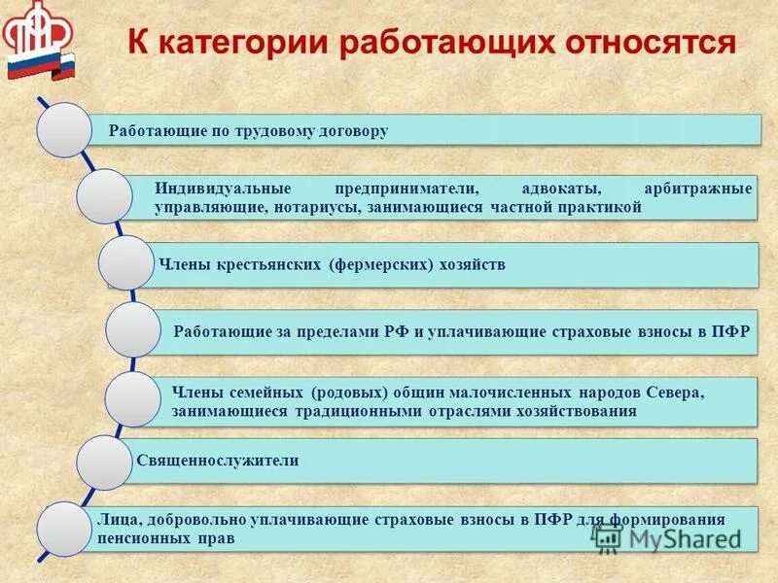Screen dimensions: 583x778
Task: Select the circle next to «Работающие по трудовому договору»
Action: point(64,129)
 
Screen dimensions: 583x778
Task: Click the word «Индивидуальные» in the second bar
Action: point(213,188)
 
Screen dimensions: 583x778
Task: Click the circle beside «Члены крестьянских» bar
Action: point(127,262)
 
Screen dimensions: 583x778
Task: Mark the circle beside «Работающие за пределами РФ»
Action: point(132,329)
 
